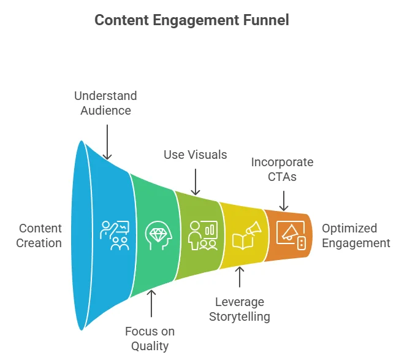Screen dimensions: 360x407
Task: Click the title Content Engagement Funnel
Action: [191, 20]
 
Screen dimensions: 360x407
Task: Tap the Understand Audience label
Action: [105, 103]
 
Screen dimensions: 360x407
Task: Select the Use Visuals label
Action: [195, 155]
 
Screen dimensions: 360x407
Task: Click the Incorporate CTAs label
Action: [282, 170]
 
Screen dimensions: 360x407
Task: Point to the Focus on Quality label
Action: [150, 339]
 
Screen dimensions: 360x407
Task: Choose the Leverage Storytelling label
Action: [239, 309]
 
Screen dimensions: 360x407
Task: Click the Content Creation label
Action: [40, 236]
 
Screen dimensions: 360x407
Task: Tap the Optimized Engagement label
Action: [356, 236]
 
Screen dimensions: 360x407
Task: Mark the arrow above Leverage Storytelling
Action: [240, 278]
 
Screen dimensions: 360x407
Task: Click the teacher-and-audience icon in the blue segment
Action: [114, 235]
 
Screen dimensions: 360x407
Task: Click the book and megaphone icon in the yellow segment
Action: [246, 236]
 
